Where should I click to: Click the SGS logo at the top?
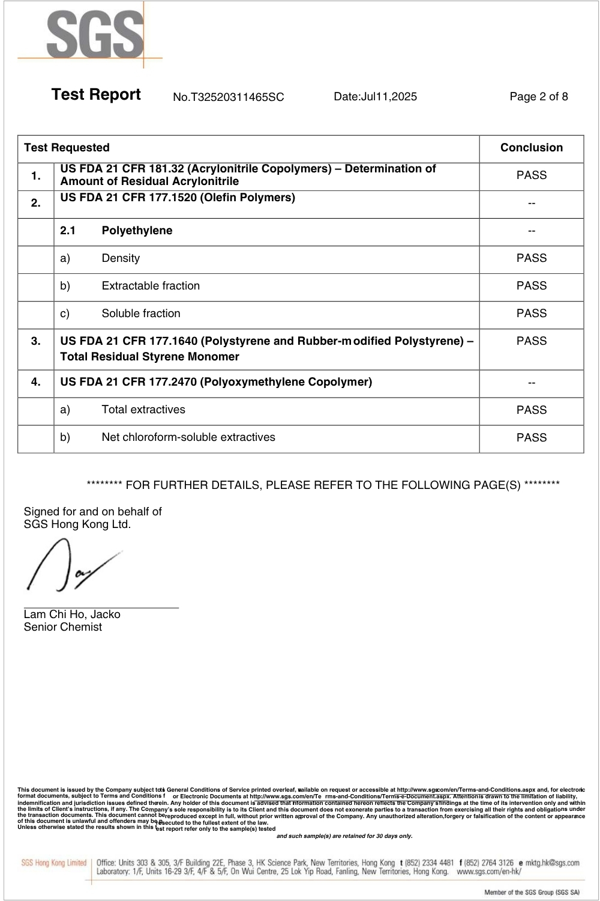pos(95,35)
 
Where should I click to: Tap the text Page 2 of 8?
pos(538,97)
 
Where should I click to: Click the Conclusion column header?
pos(531,148)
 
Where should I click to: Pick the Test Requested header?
pos(67,148)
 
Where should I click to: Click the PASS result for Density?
pos(531,258)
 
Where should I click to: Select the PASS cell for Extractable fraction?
pos(531,286)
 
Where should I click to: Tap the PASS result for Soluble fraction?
pos(531,314)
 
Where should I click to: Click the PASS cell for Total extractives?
pos(531,410)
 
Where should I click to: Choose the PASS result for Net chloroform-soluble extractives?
pos(531,438)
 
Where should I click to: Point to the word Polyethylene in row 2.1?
pos(137,231)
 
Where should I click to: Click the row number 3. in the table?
pos(36,341)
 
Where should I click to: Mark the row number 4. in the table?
pos(36,382)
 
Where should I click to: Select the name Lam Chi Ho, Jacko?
pos(72,614)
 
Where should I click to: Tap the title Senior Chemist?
pos(63,627)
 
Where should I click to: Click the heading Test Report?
pos(96,95)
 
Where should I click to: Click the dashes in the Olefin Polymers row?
pos(531,204)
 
